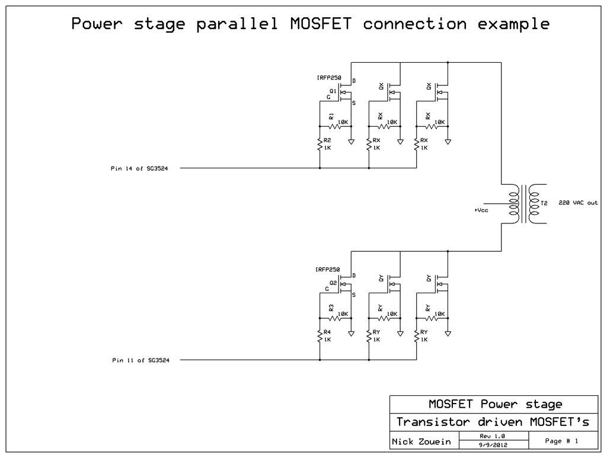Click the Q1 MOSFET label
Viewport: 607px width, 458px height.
coord(333,91)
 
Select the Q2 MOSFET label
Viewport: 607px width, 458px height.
coord(333,283)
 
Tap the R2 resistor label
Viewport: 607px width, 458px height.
coord(327,140)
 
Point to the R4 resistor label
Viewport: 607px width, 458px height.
coord(327,332)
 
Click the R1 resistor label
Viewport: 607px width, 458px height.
coord(331,116)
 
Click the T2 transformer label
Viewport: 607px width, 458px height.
coord(545,203)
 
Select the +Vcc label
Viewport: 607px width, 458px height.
coord(481,210)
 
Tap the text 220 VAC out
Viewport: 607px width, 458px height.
coord(578,203)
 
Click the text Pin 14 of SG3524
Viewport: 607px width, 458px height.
coord(140,168)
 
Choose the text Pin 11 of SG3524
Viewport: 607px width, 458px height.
coord(141,360)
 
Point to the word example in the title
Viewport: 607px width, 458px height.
coord(513,25)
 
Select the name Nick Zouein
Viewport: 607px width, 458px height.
coord(421,442)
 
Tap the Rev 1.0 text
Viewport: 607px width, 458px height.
coord(492,436)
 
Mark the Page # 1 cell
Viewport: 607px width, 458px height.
coord(561,441)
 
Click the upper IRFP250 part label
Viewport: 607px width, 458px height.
coord(329,78)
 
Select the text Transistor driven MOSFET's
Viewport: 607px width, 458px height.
coord(493,422)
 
